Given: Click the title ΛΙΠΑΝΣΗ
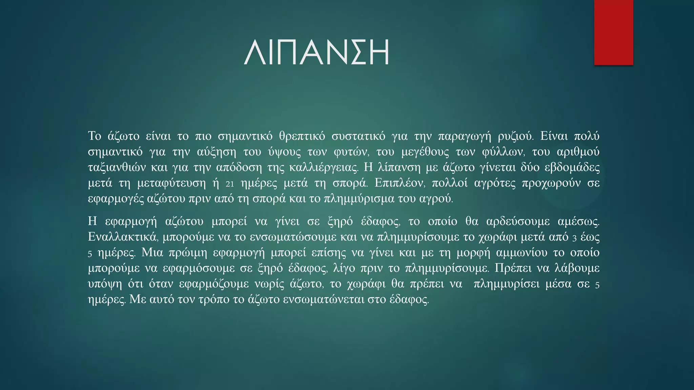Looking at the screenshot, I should pyautogui.click(x=317, y=52).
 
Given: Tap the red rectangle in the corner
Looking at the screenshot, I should pyautogui.click(x=613, y=32).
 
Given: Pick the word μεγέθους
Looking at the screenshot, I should pyautogui.click(x=425, y=152).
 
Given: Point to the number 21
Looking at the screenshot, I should pyautogui.click(x=230, y=184).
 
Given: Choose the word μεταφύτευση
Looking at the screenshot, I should pyautogui.click(x=171, y=183).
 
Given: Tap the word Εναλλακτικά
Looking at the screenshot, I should pyautogui.click(x=123, y=237).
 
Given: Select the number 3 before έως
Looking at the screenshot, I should pyautogui.click(x=574, y=238).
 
